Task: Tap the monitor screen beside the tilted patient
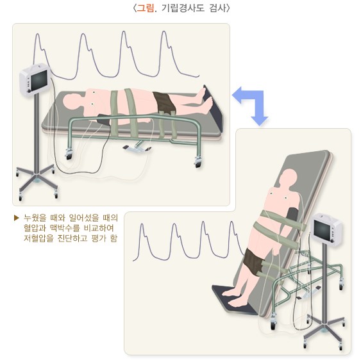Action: coord(322,231)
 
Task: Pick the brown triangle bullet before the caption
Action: coord(16,218)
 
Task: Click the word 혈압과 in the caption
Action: coord(33,228)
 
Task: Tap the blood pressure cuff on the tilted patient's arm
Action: coord(292,215)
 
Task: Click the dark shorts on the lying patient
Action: coord(164,102)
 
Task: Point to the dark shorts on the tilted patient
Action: coord(253,261)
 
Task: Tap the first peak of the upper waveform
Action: coord(38,35)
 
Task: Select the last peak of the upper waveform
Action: coord(164,32)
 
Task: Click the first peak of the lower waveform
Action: coord(142,224)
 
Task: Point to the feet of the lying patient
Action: coord(206,99)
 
